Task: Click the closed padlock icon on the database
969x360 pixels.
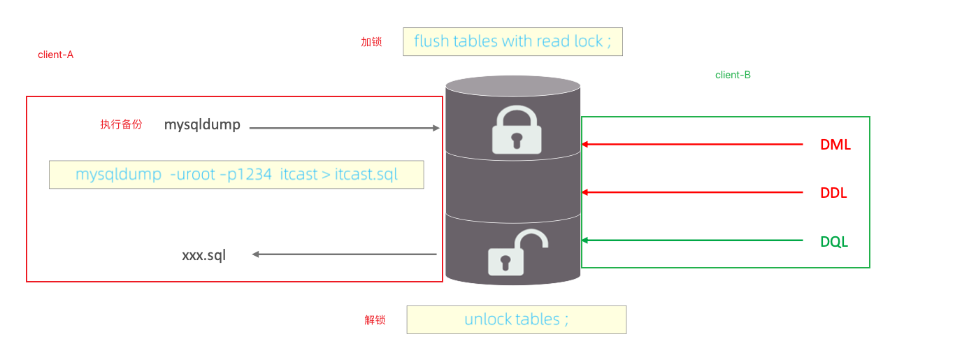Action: (517, 130)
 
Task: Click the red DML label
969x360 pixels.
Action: (835, 145)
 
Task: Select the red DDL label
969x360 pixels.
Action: (833, 194)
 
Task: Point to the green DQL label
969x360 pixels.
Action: (834, 242)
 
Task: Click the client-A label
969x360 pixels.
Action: (56, 55)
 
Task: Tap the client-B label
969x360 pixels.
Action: (733, 75)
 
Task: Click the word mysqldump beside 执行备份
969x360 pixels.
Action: (202, 125)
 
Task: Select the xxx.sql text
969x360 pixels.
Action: (204, 255)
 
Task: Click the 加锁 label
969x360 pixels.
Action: (371, 42)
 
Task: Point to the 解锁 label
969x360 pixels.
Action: (375, 320)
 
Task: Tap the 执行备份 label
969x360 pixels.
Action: (121, 124)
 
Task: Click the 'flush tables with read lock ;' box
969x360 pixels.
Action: (512, 41)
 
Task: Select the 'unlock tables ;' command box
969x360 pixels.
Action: (516, 319)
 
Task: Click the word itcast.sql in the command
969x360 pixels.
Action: (367, 174)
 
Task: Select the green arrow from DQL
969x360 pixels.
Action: (692, 240)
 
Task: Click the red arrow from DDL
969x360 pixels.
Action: (692, 192)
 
